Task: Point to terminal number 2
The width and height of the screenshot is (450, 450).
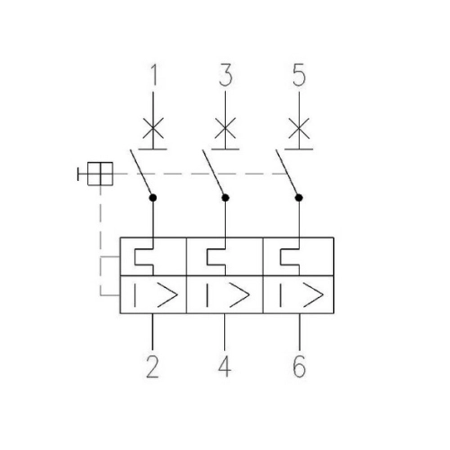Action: (x=154, y=366)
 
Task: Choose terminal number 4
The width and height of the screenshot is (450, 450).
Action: (x=225, y=366)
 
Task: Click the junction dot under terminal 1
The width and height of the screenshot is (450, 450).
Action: (x=154, y=195)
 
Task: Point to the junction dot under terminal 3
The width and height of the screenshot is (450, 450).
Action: (x=225, y=195)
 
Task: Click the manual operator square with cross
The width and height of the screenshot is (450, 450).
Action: (x=99, y=172)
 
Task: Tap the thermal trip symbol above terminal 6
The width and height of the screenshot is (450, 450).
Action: (x=290, y=257)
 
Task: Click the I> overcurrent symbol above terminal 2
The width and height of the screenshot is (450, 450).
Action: (x=154, y=295)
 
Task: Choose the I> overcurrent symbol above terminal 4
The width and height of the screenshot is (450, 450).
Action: (x=225, y=295)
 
